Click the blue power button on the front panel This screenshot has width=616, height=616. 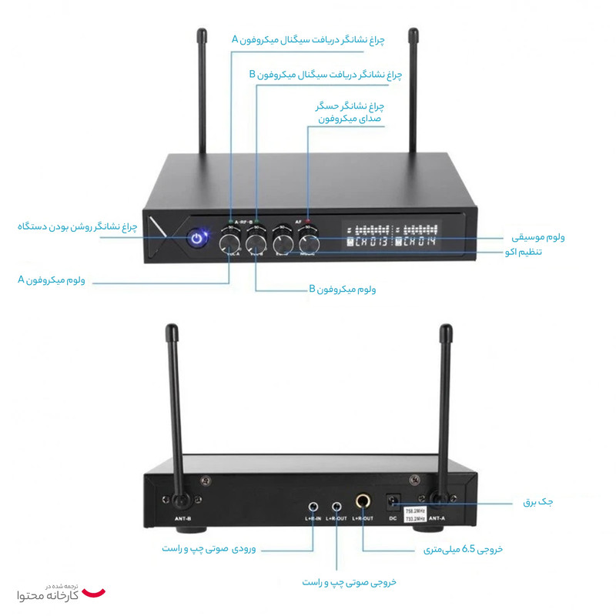point(198,239)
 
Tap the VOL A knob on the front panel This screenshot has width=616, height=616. point(229,243)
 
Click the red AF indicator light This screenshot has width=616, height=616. point(308,223)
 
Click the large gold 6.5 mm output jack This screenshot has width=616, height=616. point(363,504)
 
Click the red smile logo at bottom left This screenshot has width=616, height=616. point(94,592)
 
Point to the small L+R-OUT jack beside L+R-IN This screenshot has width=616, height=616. point(336,506)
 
